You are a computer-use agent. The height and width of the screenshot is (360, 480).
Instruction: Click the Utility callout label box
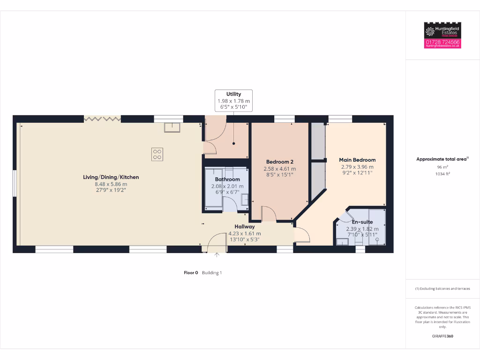(x=233, y=101)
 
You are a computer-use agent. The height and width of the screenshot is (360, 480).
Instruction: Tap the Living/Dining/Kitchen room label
(x=111, y=177)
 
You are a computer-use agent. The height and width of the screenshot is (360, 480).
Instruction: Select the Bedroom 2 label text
(x=279, y=162)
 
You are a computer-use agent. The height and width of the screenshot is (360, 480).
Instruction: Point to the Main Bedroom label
(x=357, y=160)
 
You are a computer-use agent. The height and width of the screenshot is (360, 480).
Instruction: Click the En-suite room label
(x=362, y=222)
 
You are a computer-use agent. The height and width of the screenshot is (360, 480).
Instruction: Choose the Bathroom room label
(x=227, y=180)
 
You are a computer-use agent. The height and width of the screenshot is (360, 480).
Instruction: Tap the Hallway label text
(x=245, y=227)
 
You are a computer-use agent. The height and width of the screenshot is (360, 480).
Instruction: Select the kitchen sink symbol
(x=172, y=127)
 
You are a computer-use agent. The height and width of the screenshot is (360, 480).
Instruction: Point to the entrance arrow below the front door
(x=217, y=255)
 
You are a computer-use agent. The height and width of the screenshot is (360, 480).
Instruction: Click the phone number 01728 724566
(x=442, y=42)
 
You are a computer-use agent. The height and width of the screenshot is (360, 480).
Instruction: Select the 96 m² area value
(x=442, y=167)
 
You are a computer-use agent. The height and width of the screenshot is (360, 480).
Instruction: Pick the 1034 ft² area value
(x=442, y=173)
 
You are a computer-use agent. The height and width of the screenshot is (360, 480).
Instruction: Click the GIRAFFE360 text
(x=442, y=336)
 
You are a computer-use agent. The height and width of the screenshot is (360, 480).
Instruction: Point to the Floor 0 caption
(x=191, y=272)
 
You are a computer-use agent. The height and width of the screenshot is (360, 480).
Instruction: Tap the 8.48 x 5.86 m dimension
(x=111, y=184)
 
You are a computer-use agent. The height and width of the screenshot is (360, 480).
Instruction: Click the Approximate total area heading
(x=442, y=159)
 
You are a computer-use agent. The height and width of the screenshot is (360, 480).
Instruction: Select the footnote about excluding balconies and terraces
(x=442, y=289)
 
